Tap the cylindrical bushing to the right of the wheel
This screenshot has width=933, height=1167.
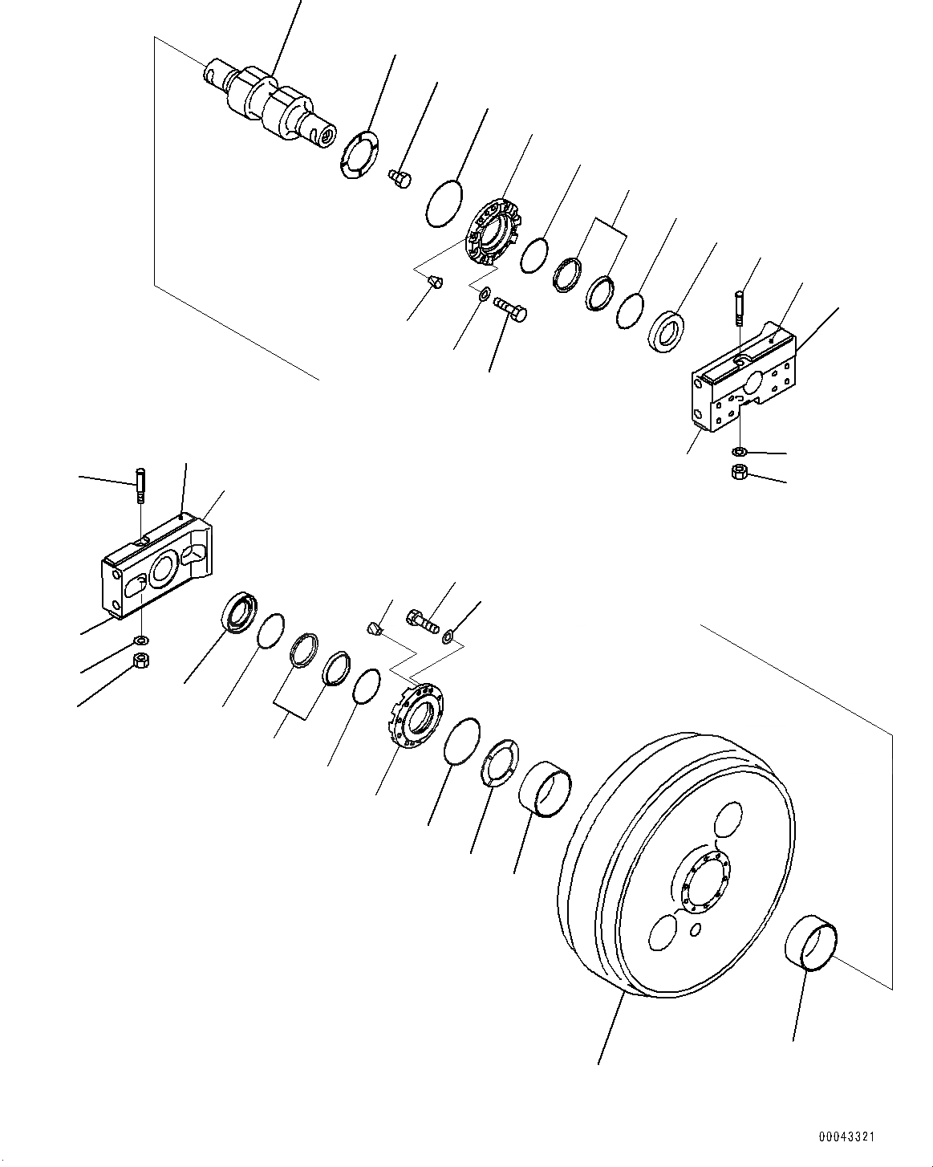[x=813, y=950]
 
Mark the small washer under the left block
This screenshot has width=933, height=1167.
[x=141, y=640]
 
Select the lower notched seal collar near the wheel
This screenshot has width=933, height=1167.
[x=417, y=715]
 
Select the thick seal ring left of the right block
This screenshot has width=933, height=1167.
[x=665, y=327]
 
